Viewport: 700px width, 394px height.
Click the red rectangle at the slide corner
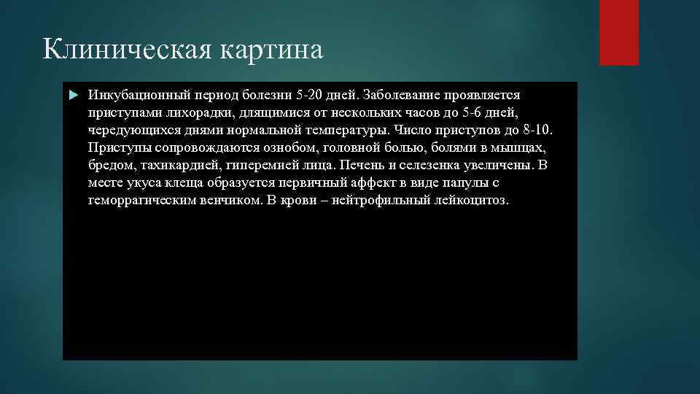point(618,32)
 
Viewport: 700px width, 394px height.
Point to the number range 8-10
point(535,131)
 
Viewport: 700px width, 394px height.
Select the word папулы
point(459,183)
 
